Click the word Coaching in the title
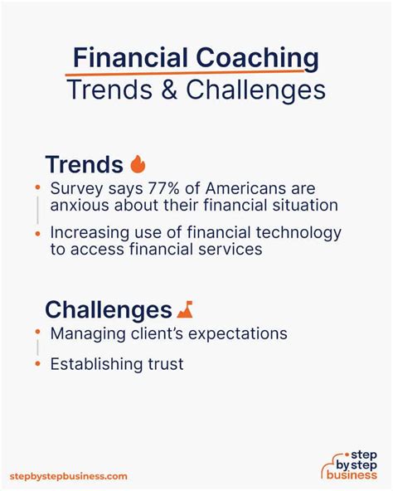tap(257, 59)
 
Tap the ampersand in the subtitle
tap(169, 90)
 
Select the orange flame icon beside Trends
tap(138, 163)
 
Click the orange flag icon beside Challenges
tap(185, 309)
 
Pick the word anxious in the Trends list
tap(80, 206)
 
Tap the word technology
tap(298, 233)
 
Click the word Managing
tap(88, 334)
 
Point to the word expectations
tap(238, 334)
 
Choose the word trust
tap(166, 364)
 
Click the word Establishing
tap(96, 364)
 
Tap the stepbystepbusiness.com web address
tap(69, 476)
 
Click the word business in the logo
tap(352, 475)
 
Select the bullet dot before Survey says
tap(38, 187)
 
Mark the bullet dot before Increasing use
tap(38, 233)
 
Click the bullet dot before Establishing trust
tap(38, 364)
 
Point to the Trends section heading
tap(85, 164)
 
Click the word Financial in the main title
tap(130, 58)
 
